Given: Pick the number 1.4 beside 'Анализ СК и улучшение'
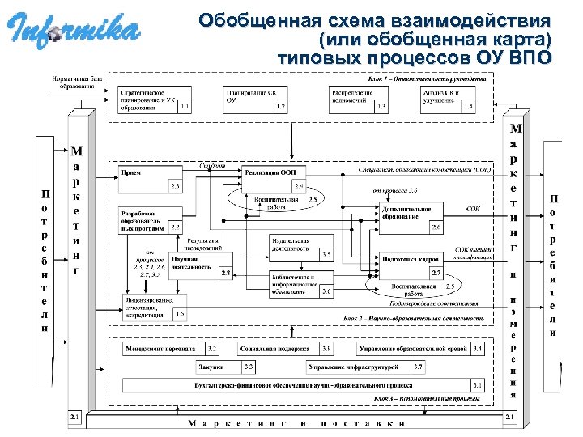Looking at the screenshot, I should click(466, 106).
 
